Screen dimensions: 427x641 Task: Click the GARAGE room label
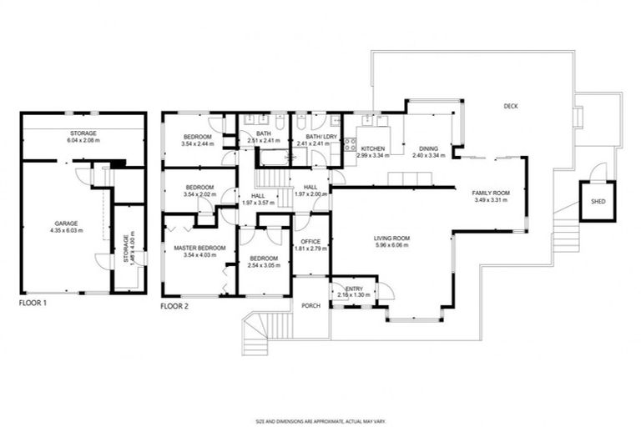(x=67, y=223)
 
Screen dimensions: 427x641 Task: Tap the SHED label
(x=598, y=202)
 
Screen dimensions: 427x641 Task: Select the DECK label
(x=512, y=106)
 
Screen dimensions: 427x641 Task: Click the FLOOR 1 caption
(x=33, y=304)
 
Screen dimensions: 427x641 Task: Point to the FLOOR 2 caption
(x=174, y=306)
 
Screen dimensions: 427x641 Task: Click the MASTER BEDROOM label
(x=199, y=248)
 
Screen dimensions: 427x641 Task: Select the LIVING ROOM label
(x=391, y=239)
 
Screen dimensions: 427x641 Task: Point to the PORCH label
(x=311, y=304)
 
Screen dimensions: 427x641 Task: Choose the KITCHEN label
(x=372, y=148)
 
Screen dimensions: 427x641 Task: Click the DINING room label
(x=429, y=148)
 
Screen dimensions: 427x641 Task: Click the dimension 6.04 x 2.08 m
(x=83, y=140)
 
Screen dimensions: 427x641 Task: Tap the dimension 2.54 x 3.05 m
(x=264, y=266)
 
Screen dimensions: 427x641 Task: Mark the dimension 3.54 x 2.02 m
(x=199, y=194)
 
